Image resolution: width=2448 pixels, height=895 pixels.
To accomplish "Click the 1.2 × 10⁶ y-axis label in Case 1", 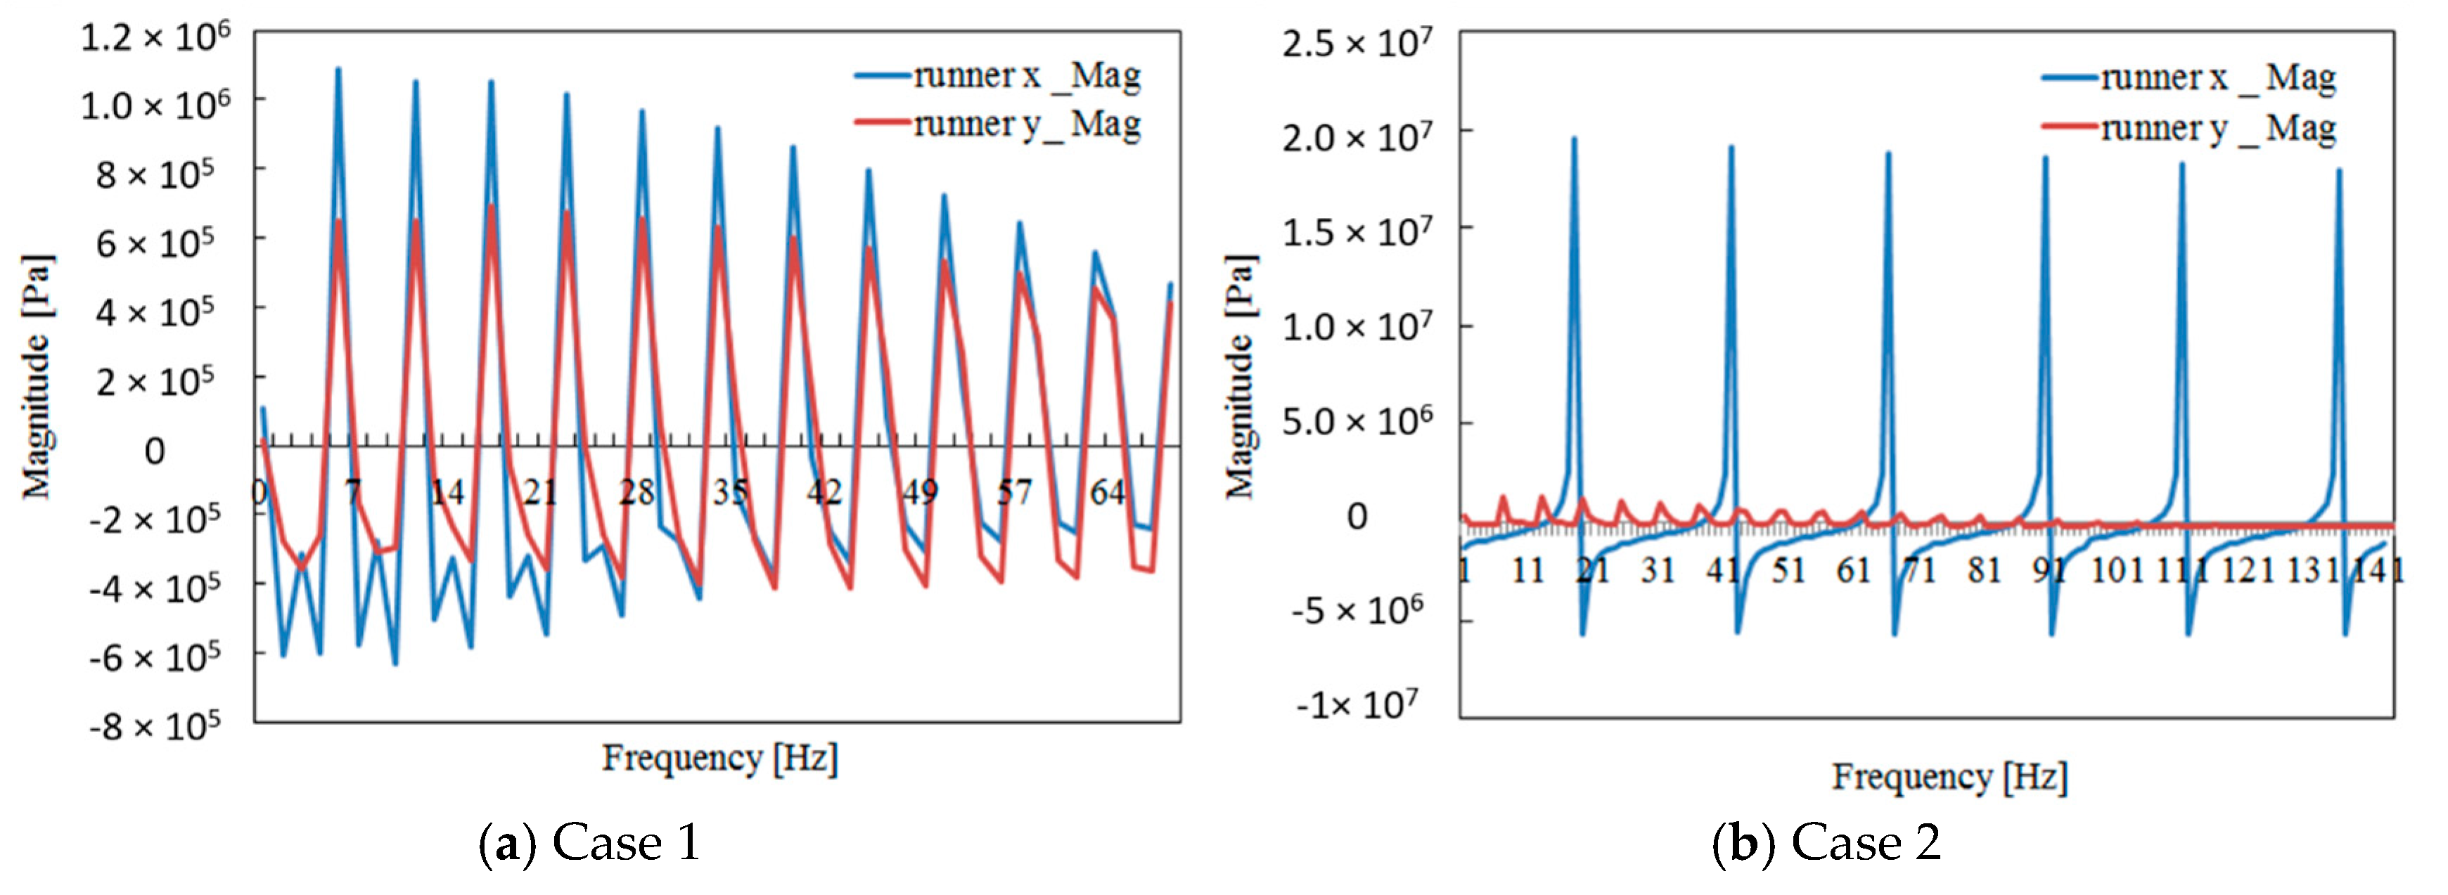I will (x=155, y=38).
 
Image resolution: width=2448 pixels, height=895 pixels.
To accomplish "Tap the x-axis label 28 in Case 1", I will (x=636, y=492).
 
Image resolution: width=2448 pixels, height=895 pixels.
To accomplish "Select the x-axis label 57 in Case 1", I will (x=1013, y=492).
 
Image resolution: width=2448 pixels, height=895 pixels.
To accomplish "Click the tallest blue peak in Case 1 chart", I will (x=338, y=70).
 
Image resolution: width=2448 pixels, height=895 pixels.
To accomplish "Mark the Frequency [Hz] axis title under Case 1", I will (x=719, y=758).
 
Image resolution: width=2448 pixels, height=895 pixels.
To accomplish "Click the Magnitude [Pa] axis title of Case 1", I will (x=38, y=376).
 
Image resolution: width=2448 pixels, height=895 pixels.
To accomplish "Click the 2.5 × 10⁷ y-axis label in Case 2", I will (x=1356, y=44).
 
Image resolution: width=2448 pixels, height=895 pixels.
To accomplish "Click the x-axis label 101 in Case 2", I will (x=2117, y=570).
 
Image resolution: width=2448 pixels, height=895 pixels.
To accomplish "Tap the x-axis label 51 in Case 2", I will (x=1788, y=570).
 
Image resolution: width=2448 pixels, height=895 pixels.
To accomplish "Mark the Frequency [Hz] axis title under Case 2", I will (x=1949, y=777).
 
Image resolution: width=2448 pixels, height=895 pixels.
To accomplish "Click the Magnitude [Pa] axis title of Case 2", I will (x=1240, y=376).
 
